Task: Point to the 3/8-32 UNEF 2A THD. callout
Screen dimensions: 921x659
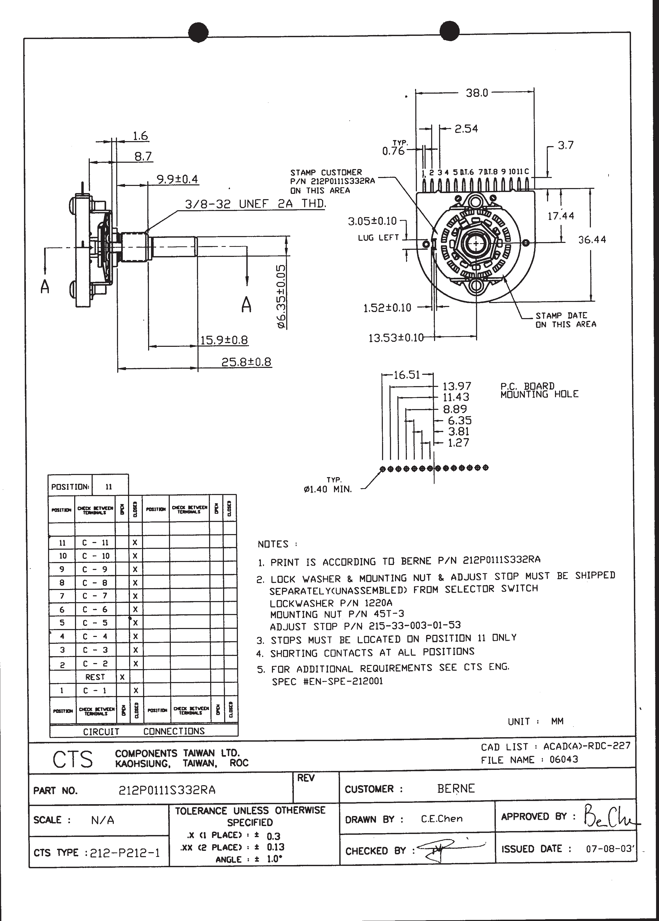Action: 255,204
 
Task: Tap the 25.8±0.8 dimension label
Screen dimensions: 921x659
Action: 246,362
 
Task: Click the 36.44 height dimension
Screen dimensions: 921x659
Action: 592,239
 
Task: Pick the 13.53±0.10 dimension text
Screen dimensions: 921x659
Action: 396,338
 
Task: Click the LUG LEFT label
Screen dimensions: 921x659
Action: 378,238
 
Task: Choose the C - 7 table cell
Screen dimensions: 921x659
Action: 95,596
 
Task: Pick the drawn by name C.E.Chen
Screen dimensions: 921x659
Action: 441,818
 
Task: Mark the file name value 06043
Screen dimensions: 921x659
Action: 564,759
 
